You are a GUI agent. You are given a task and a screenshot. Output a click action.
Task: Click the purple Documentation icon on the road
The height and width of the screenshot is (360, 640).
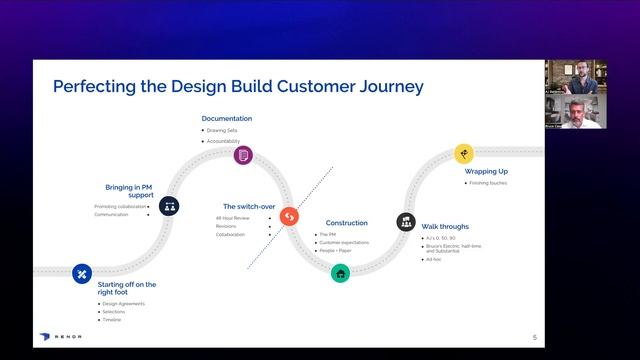coord(242,155)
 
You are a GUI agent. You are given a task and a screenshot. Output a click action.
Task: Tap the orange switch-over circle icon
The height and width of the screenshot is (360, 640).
coord(289,216)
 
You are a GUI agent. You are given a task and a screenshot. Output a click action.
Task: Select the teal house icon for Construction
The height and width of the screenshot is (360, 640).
coord(341,272)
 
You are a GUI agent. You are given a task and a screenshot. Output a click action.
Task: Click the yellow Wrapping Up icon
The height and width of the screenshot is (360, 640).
coord(463,153)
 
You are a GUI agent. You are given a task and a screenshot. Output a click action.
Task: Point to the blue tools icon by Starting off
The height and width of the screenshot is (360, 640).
coord(82,273)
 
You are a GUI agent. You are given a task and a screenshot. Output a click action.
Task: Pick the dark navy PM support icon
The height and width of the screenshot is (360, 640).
coord(170,207)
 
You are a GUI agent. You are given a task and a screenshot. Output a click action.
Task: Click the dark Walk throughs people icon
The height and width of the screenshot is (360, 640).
coord(406,221)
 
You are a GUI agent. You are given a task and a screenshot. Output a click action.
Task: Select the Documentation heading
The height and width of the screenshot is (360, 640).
coord(226,118)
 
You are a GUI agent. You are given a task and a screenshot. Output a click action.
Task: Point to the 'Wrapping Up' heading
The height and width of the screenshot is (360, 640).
coord(488,171)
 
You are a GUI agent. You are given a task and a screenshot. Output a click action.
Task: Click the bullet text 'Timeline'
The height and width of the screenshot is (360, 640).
coord(113,320)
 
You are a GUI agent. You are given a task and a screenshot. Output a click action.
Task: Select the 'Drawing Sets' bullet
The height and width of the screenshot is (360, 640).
coord(223,130)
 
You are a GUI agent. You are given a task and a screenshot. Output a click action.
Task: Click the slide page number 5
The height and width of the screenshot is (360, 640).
coord(535,337)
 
